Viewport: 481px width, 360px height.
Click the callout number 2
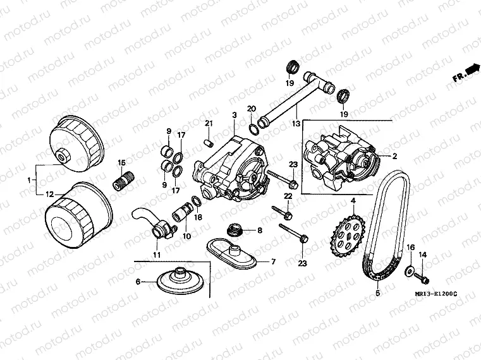tap(394, 155)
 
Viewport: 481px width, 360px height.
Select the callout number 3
tap(234, 115)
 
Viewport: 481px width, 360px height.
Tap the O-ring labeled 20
tap(253, 129)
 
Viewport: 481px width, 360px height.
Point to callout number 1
tap(30, 180)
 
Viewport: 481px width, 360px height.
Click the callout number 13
tap(295, 107)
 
